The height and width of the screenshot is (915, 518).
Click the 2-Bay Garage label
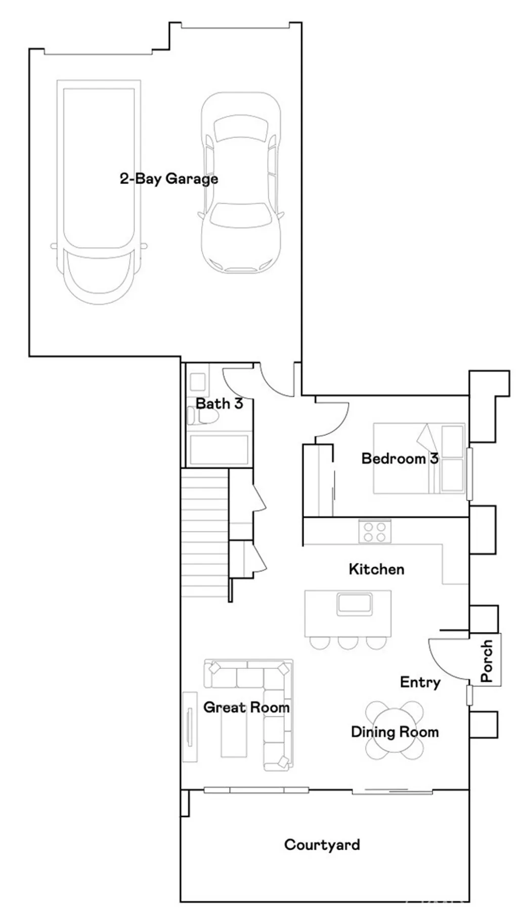[168, 179]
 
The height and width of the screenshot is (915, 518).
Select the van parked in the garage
[99, 192]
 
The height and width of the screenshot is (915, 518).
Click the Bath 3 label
[219, 404]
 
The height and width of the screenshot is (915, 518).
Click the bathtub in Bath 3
[219, 449]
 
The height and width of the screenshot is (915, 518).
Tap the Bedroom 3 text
[400, 459]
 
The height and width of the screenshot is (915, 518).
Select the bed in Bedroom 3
[419, 458]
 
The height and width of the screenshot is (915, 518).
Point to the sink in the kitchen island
[355, 604]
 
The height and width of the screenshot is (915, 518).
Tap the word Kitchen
[376, 569]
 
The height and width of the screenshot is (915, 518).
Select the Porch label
[487, 660]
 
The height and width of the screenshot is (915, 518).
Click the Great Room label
[246, 707]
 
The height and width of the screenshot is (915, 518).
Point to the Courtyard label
[322, 845]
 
